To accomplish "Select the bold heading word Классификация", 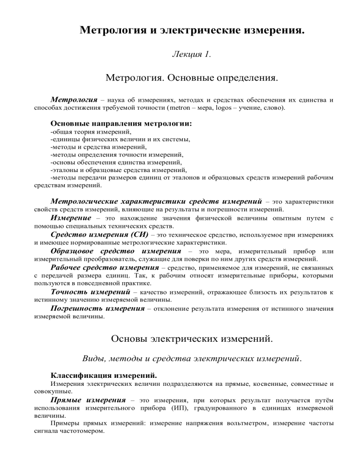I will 77,376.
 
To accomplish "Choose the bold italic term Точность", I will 70,292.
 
